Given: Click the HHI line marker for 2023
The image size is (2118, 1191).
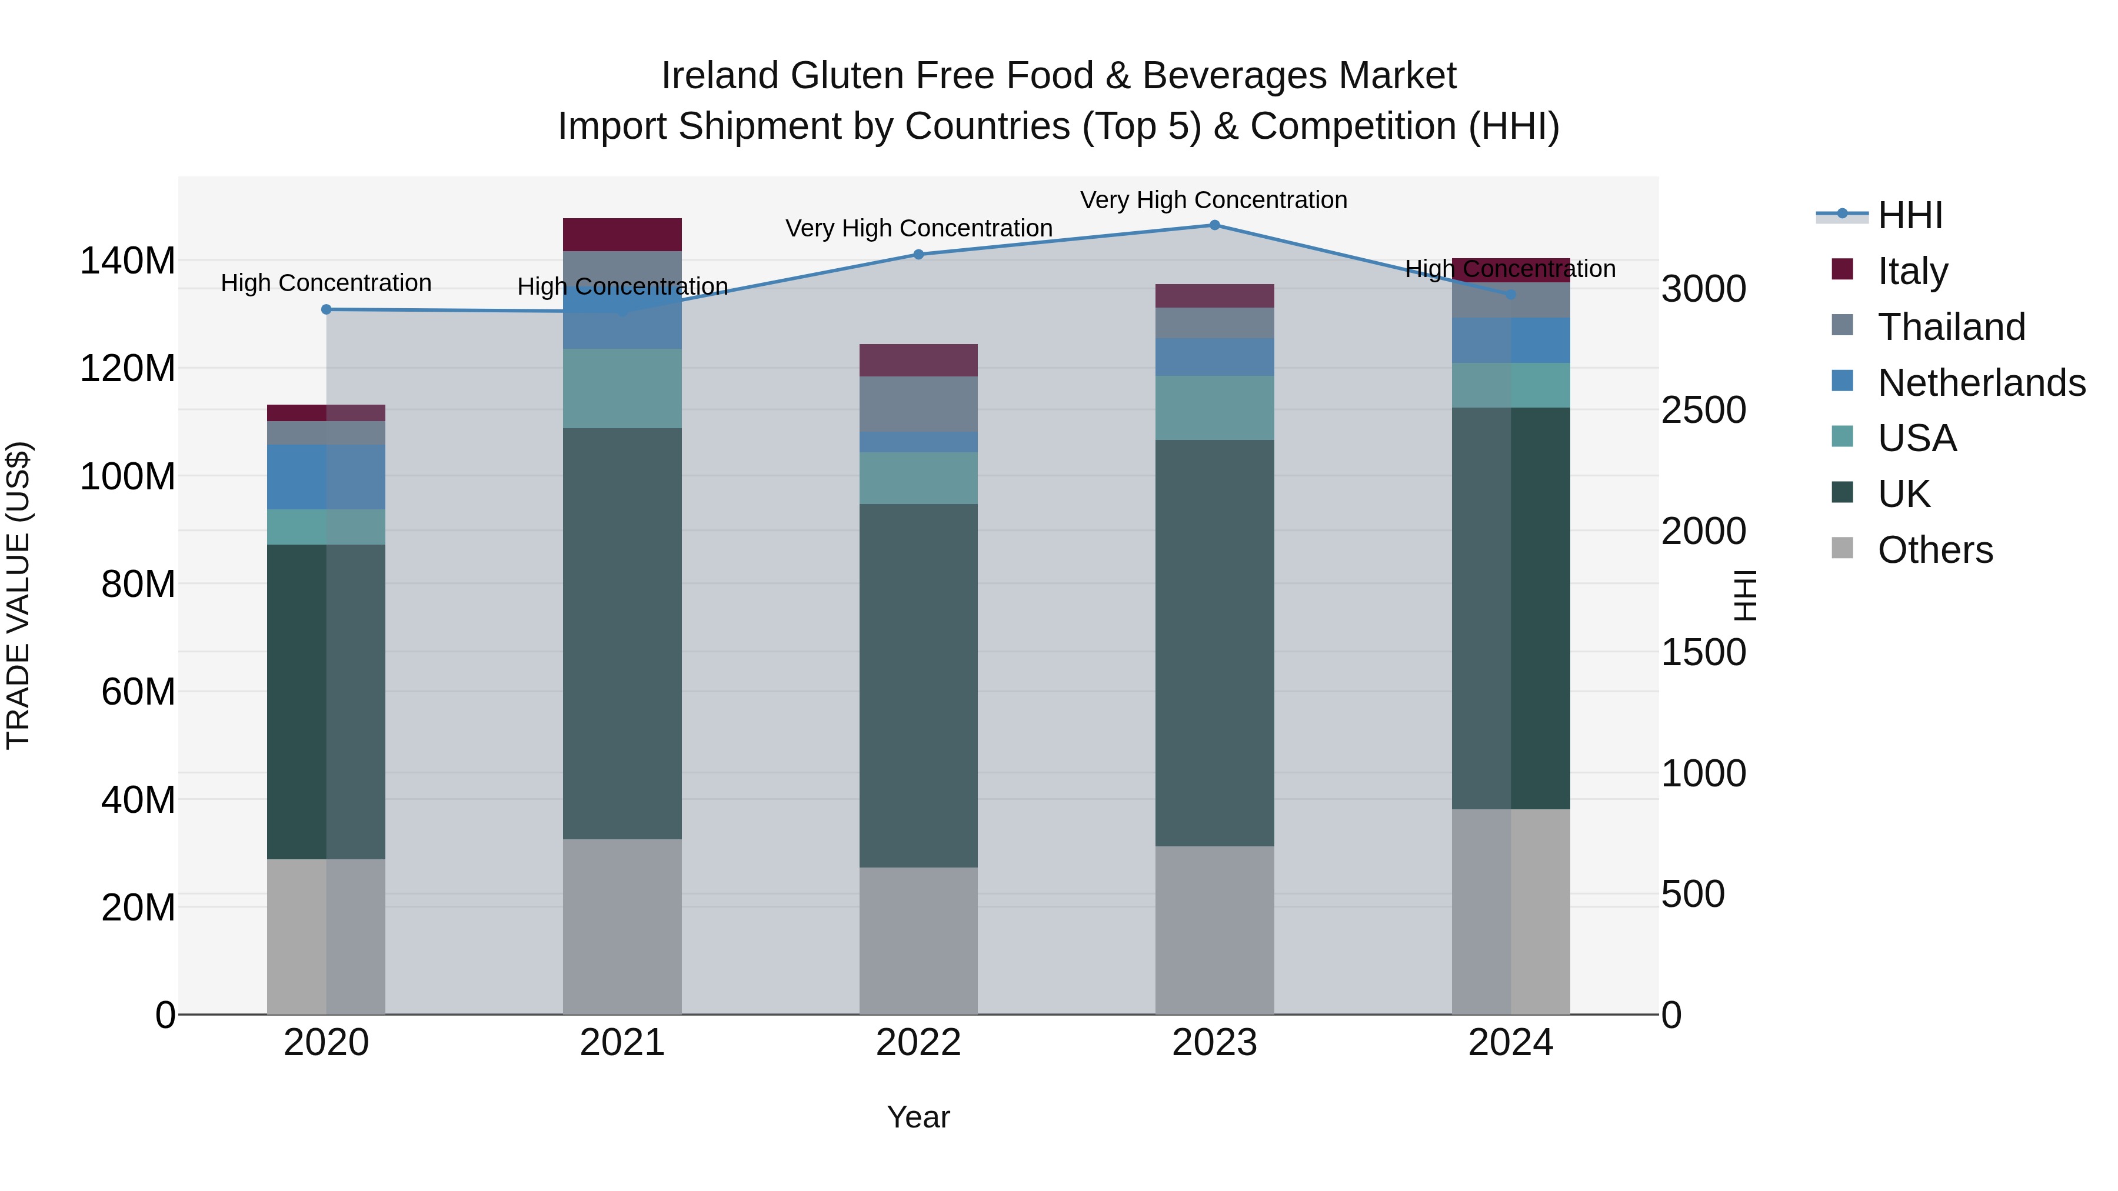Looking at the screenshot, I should [1214, 225].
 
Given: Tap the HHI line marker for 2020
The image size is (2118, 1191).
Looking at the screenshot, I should [327, 310].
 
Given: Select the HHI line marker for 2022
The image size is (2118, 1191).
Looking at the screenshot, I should [918, 255].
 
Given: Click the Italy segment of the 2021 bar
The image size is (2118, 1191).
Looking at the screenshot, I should [622, 235].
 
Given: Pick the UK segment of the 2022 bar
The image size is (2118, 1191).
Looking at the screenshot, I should [918, 686].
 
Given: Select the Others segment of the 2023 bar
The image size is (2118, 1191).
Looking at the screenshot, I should [1214, 930].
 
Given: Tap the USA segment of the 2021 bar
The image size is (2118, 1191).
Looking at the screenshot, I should [622, 388].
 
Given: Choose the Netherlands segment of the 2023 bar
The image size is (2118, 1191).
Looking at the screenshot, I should [1214, 357].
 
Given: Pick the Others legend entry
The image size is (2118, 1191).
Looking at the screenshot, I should [1934, 550].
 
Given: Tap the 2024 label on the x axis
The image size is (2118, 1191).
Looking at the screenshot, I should [1510, 1044].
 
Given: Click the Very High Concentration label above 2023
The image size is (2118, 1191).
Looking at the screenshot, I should [1214, 201].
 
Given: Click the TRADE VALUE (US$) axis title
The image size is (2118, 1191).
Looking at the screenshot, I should [18, 595].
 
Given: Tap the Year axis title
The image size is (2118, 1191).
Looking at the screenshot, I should [918, 1118].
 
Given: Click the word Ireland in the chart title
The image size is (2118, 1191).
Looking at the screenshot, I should [720, 76].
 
